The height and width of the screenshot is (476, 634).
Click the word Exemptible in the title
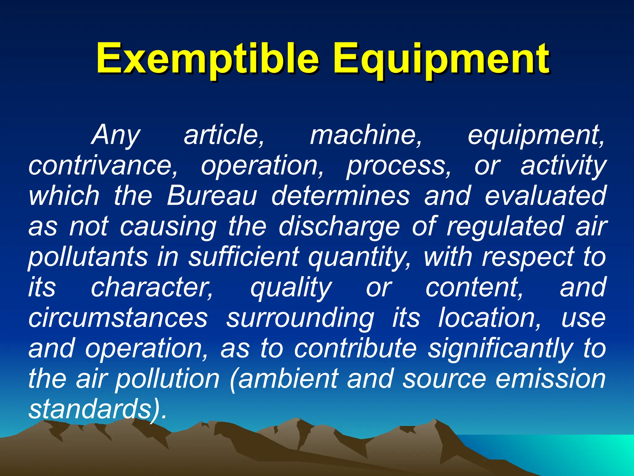click(x=207, y=59)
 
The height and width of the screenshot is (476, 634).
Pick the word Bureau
click(x=212, y=196)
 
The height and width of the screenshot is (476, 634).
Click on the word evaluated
click(x=545, y=196)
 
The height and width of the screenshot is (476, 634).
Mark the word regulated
click(x=505, y=227)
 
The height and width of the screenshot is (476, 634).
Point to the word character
click(x=152, y=287)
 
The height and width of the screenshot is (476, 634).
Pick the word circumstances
click(x=118, y=318)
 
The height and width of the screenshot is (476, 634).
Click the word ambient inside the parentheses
click(x=288, y=379)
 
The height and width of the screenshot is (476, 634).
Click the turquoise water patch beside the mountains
click(x=573, y=449)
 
